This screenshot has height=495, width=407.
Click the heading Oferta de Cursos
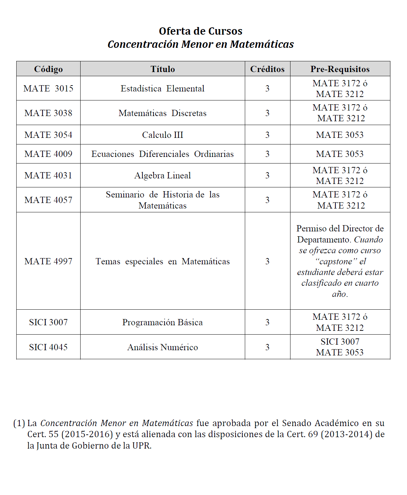point(201,31)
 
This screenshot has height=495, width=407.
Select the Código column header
point(48,69)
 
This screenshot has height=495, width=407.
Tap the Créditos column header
point(267,69)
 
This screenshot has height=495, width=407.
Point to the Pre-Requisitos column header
point(340,69)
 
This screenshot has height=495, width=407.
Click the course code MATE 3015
point(48,88)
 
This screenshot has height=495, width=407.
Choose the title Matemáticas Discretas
point(163,113)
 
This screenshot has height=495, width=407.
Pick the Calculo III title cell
point(163,135)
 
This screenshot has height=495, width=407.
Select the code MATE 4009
point(48,154)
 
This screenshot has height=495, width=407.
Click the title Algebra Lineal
point(163,175)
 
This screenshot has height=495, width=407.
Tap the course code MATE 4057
point(48,200)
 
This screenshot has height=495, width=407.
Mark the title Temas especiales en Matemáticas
point(163,261)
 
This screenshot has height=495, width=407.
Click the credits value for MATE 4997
point(267,261)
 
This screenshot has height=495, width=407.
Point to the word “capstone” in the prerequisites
point(336,261)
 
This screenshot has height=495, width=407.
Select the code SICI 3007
point(48,322)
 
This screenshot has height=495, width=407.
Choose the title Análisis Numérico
point(163,347)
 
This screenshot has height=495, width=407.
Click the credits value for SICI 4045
point(267,347)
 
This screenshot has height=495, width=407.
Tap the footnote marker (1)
point(19,423)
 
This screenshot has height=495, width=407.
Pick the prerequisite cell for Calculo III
point(340,135)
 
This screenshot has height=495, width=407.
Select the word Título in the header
point(163,69)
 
